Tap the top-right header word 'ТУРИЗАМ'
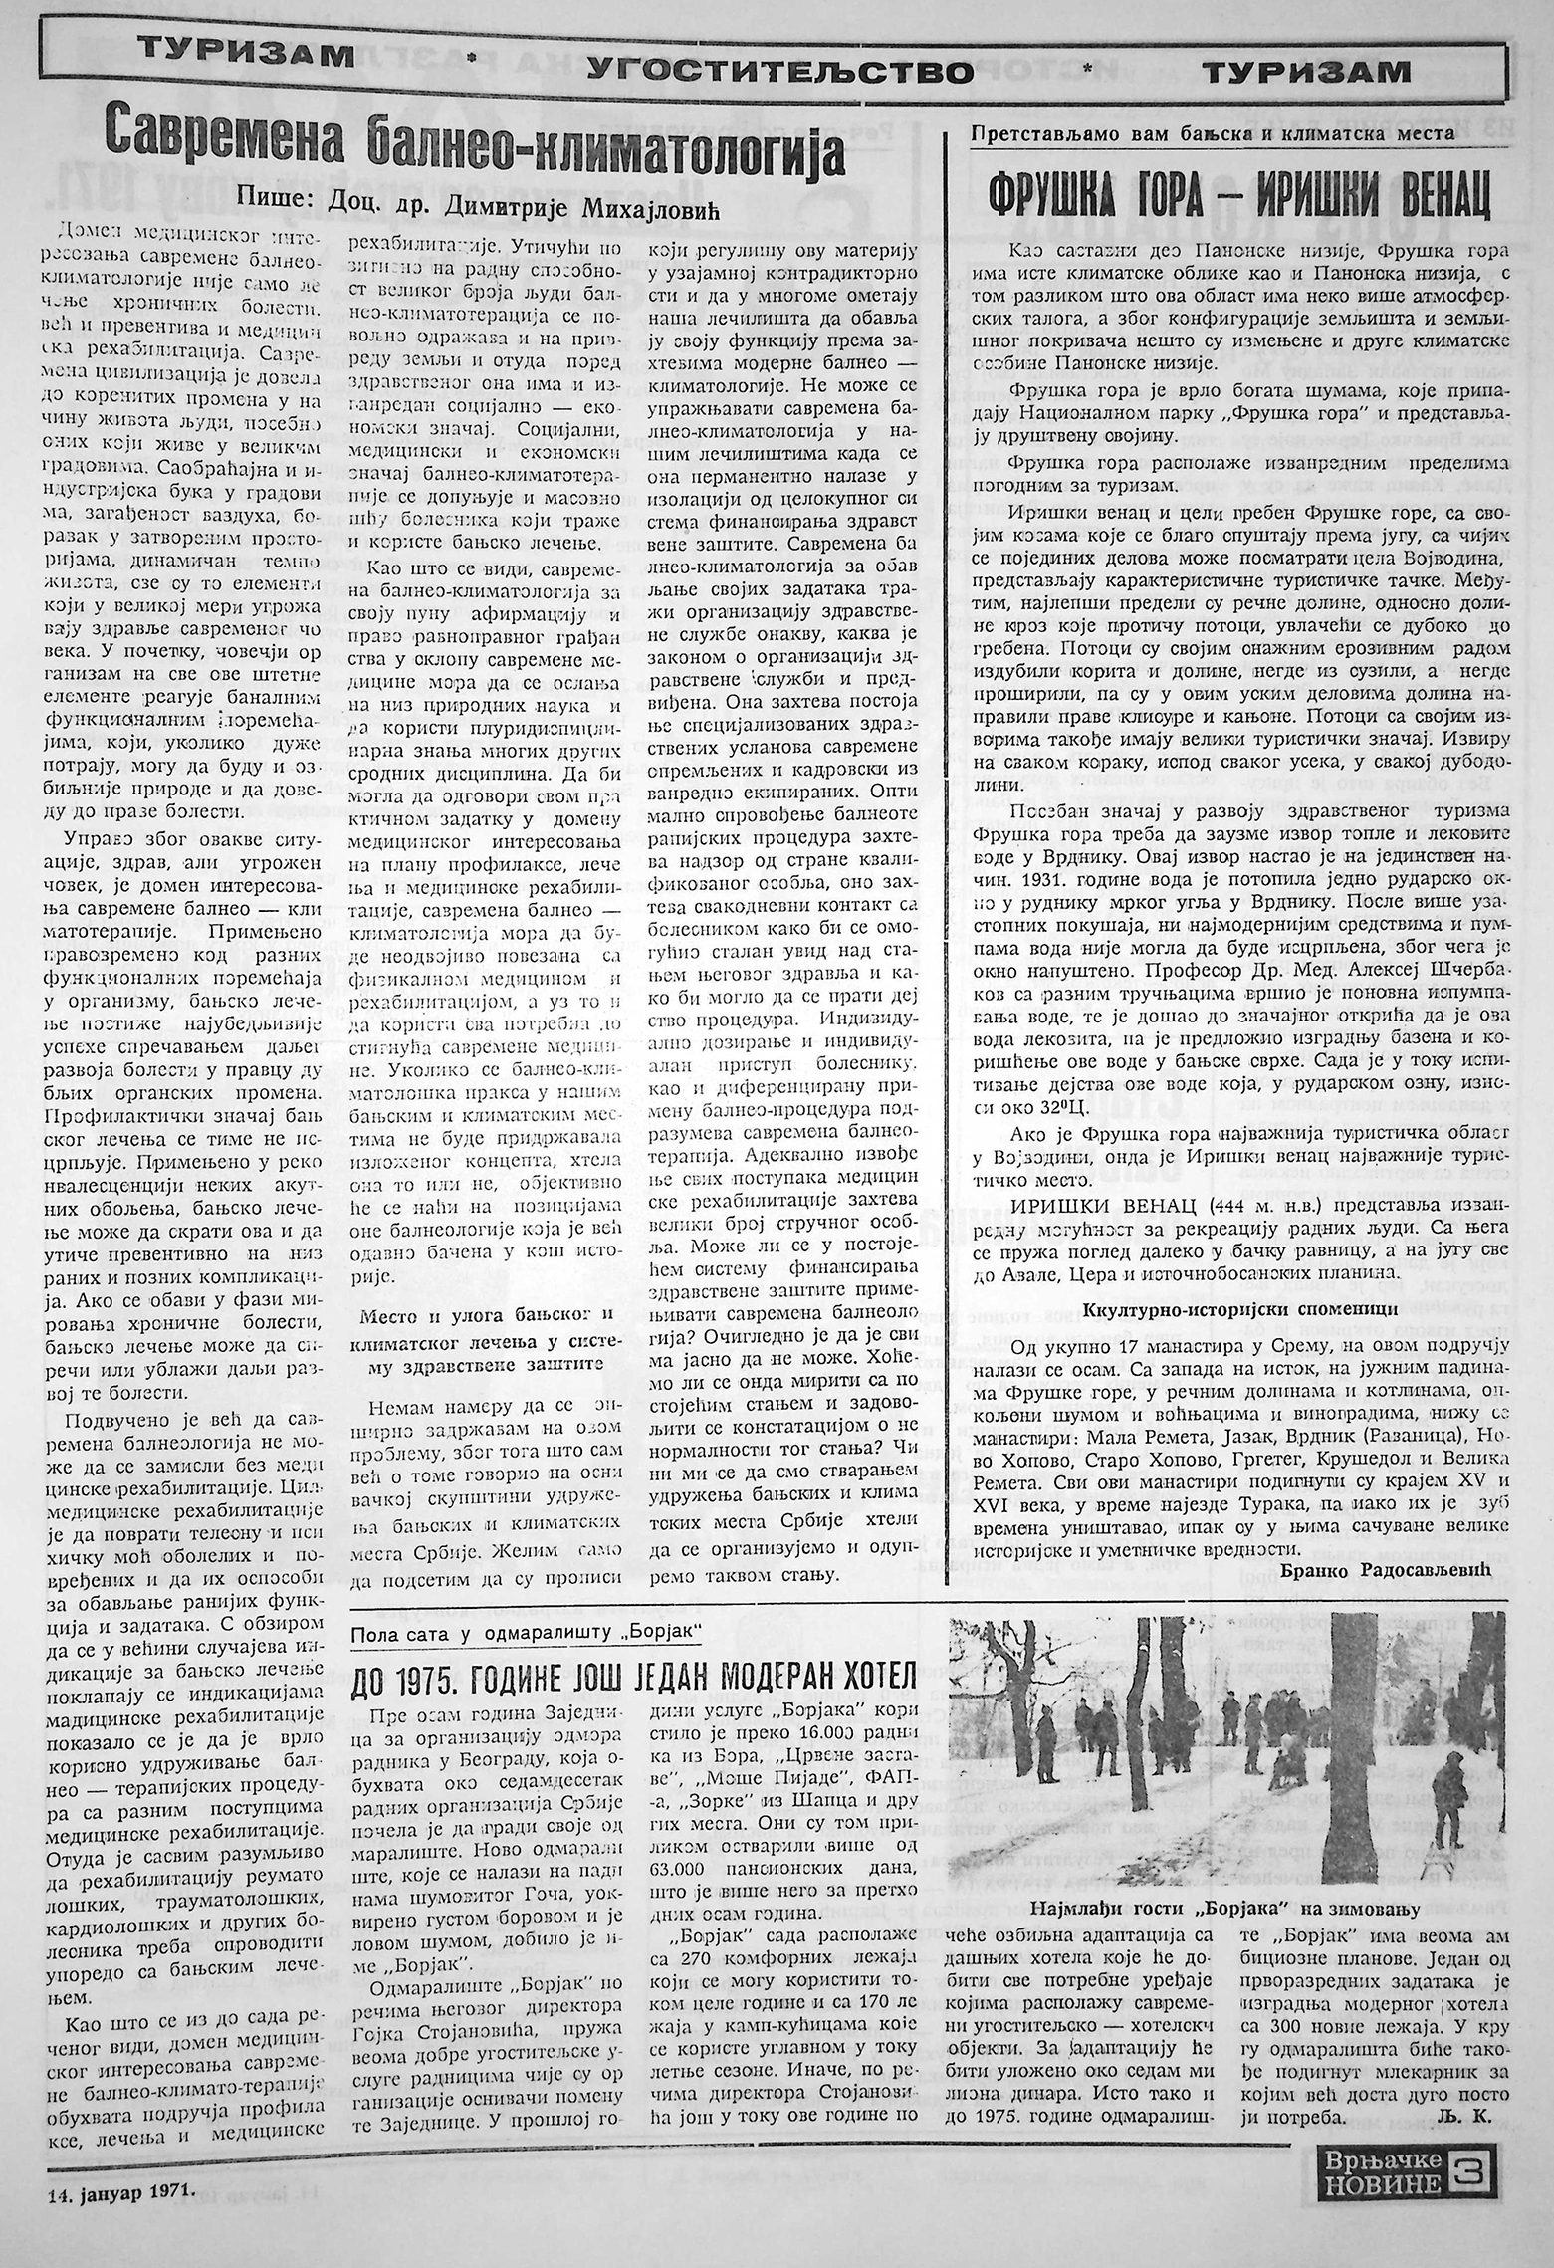(1306, 70)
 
